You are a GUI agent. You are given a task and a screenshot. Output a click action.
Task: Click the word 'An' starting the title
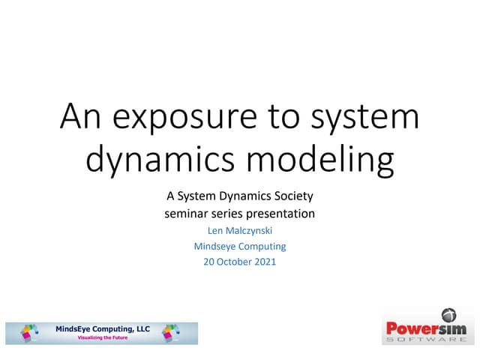(79, 118)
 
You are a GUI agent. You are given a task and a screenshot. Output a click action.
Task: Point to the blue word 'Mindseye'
(215, 246)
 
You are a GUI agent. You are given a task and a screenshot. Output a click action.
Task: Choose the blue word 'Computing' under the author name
(262, 246)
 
